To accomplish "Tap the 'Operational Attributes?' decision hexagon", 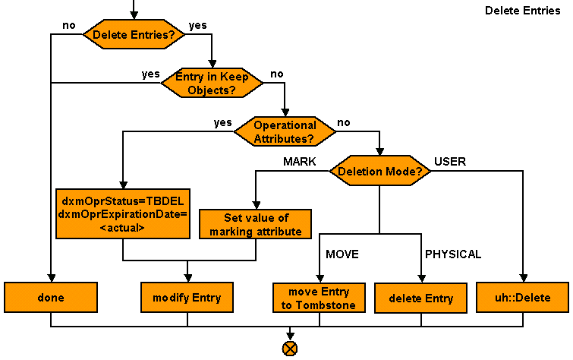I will (x=285, y=131).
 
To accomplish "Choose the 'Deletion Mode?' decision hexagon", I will (x=379, y=171).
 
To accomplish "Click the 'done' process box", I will (x=51, y=298).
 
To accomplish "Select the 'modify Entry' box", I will (x=187, y=298).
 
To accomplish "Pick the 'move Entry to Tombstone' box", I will (x=319, y=298).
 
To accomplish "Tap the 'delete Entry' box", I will (x=421, y=298).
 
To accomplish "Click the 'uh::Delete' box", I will (x=522, y=298).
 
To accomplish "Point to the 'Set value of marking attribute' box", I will (x=255, y=225).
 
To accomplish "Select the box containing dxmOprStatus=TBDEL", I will (x=123, y=214).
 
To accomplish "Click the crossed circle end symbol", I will (x=290, y=349).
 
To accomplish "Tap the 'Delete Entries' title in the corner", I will (x=522, y=11).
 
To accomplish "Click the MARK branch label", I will (x=299, y=162).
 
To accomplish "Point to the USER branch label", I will (x=449, y=162).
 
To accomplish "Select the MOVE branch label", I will (x=342, y=254).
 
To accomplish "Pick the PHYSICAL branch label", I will (x=453, y=254).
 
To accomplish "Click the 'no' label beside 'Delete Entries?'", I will (x=69, y=25).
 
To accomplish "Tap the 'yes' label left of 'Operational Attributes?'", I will (x=222, y=122).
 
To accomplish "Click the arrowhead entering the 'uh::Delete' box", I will (x=522, y=278).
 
